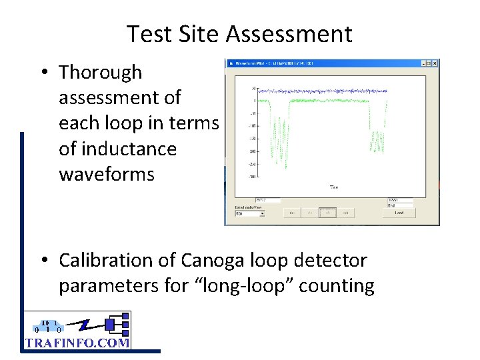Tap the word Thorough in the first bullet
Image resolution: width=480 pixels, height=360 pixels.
[101, 72]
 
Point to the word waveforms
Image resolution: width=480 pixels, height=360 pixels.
[107, 175]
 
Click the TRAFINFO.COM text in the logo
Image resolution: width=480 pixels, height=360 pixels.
[77, 343]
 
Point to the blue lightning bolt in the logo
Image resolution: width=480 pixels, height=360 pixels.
[83, 326]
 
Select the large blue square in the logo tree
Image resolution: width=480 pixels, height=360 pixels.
[110, 325]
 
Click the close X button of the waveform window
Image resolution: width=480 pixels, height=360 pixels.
[433, 63]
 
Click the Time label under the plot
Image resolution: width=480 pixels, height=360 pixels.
[333, 187]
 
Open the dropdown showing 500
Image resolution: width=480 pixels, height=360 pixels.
[250, 213]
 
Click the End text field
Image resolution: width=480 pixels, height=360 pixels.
[400, 200]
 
